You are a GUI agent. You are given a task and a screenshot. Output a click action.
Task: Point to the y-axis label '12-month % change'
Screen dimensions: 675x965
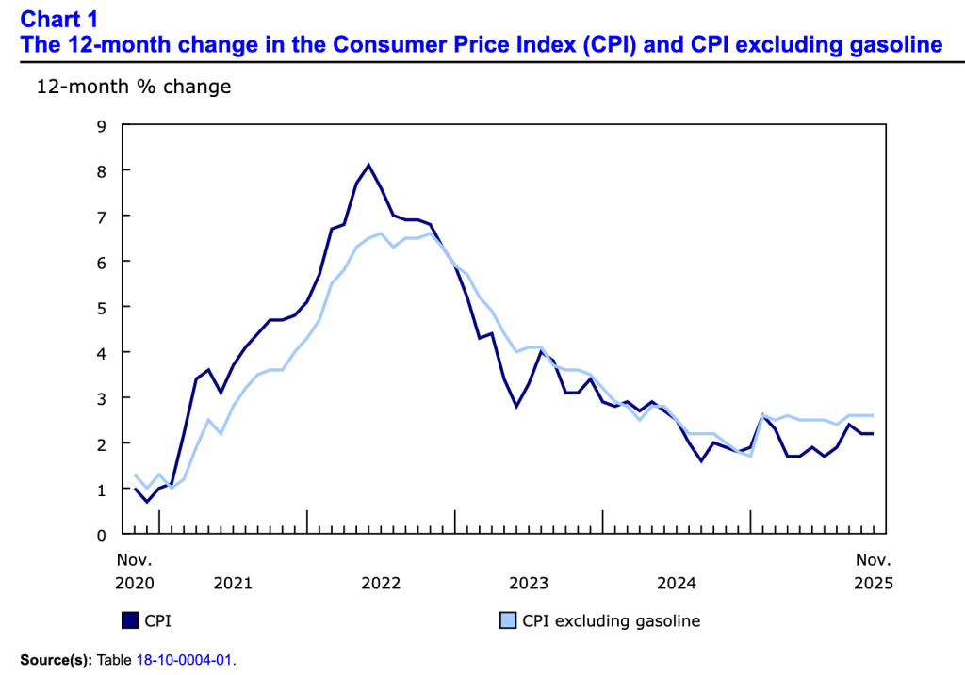(x=133, y=87)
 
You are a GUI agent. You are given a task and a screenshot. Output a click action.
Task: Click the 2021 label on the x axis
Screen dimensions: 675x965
(x=233, y=583)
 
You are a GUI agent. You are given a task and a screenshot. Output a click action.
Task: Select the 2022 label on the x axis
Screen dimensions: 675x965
(x=381, y=583)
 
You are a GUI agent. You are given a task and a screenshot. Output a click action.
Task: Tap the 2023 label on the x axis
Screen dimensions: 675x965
(x=529, y=583)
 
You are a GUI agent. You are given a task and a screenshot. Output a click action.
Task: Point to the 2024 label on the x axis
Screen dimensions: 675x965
(x=677, y=583)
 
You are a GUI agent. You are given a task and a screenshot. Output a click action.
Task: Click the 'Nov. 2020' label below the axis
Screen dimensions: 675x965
(x=134, y=571)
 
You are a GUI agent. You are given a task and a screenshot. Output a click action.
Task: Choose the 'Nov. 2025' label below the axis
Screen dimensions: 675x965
(x=873, y=571)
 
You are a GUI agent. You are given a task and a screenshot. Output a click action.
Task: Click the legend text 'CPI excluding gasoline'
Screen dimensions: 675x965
(x=611, y=621)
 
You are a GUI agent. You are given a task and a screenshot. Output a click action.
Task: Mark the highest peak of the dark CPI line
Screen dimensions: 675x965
(x=368, y=165)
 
